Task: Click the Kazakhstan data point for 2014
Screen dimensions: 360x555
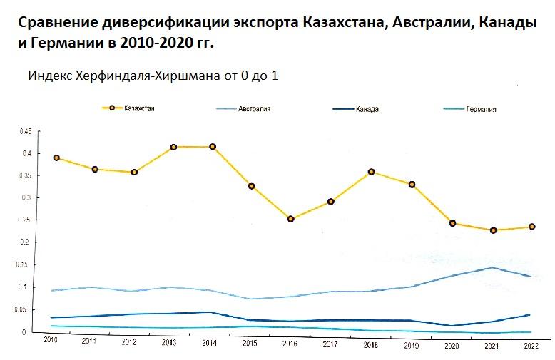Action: [x=213, y=147]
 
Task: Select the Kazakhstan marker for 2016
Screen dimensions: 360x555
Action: [x=291, y=219]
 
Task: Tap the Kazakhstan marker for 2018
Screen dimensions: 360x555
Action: [x=372, y=172]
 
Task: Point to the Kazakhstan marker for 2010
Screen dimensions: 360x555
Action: [x=56, y=158]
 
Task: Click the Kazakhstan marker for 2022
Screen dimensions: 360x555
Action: [x=531, y=227]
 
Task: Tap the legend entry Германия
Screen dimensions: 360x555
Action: [x=481, y=109]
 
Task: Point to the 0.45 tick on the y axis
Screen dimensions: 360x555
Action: [x=26, y=131]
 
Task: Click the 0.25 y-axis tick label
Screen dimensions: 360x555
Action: [x=26, y=220]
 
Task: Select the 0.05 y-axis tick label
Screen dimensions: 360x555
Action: [x=26, y=309]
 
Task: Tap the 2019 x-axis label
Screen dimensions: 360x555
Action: [x=411, y=344]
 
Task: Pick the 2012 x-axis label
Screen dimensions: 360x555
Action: [x=128, y=342]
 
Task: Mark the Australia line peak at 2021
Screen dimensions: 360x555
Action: [x=492, y=268]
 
